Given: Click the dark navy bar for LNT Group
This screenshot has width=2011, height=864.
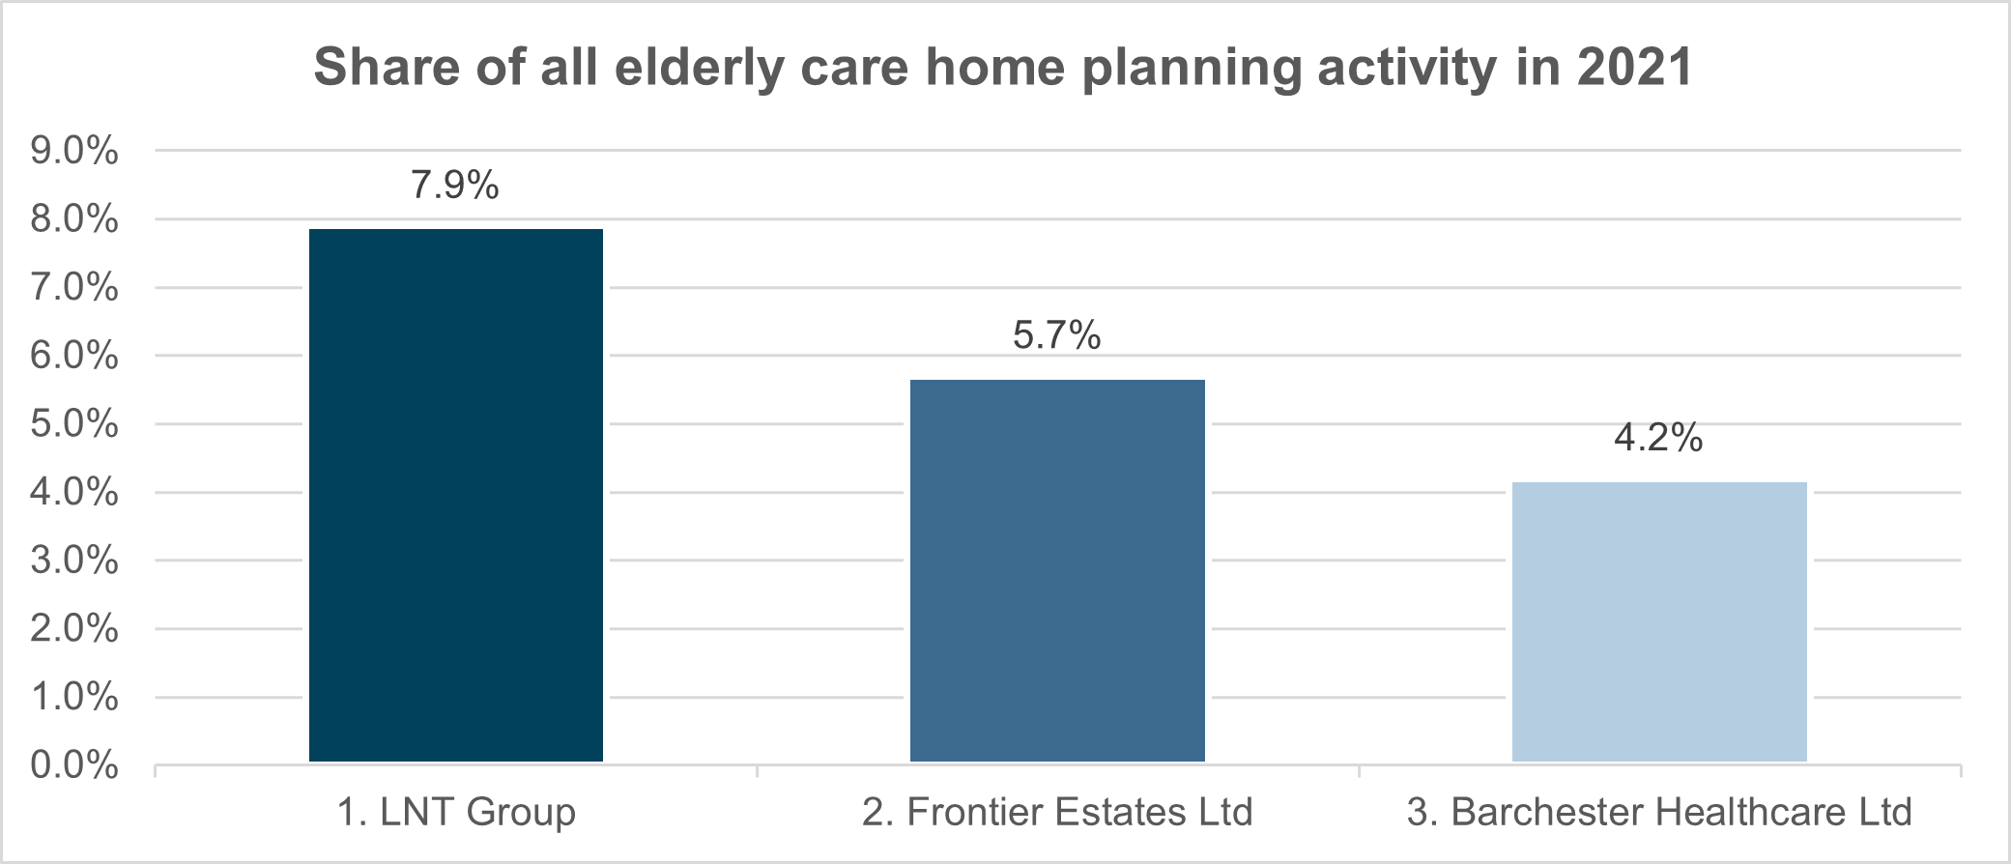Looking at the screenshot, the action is tap(456, 495).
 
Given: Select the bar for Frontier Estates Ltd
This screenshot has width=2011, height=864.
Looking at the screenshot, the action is tap(1057, 570).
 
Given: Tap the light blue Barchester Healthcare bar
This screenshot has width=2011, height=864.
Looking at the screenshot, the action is tap(1659, 621).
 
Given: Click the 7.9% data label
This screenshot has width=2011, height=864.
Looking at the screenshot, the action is tap(455, 185).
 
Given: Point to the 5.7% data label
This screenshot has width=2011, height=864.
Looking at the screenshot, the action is tap(1057, 335).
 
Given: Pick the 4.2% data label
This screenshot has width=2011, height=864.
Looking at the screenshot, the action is tap(1658, 438).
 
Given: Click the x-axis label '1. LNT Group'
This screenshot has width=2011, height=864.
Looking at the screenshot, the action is tap(456, 812).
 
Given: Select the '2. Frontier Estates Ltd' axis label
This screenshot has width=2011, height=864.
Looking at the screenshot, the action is tap(1057, 812).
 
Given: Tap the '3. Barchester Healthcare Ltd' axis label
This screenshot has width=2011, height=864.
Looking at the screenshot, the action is tap(1659, 812).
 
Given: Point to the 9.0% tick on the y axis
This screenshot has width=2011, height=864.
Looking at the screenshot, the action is tap(74, 151).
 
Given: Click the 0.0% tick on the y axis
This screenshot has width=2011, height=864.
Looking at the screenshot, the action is tap(74, 765).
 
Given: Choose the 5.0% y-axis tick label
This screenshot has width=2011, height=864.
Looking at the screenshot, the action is tap(74, 424).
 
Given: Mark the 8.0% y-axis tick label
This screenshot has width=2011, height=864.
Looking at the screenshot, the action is tap(74, 219).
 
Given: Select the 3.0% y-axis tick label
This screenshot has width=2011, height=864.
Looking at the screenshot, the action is tap(74, 561).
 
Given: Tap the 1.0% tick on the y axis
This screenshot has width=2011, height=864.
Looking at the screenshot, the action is tap(74, 697).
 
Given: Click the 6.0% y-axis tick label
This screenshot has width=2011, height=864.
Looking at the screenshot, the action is tap(74, 356).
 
